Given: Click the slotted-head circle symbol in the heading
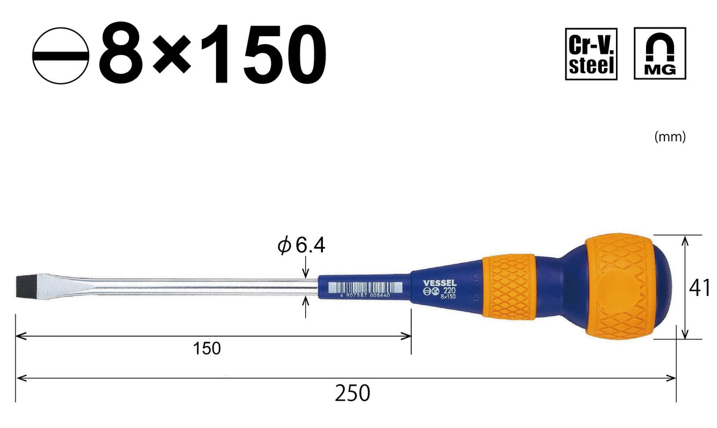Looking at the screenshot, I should tap(61, 57).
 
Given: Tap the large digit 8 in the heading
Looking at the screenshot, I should tap(125, 57).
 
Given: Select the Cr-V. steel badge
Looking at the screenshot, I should tap(590, 53).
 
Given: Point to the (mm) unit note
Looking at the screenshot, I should tap(670, 138).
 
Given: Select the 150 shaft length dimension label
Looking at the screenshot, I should tap(207, 349).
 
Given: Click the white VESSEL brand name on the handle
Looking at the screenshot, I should tap(436, 282).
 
